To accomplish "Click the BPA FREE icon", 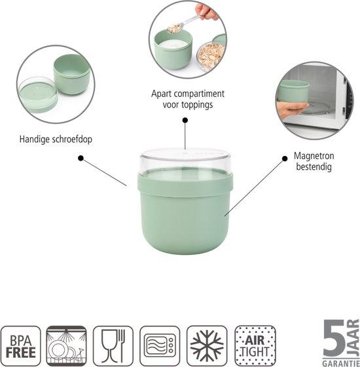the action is [20, 346].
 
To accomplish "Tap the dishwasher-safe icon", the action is [66, 346].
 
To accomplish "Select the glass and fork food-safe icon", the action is [113, 346].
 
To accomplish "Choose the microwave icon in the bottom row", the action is [160, 346].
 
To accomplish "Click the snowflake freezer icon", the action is [207, 346].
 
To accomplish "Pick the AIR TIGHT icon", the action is [255, 346].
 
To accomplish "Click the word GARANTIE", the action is [340, 364].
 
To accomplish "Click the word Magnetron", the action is [314, 156].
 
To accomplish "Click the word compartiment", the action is [199, 94].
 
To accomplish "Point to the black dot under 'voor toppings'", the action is [185, 121].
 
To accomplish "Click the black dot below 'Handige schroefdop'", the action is [81, 159].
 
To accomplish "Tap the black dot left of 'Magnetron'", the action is [285, 159].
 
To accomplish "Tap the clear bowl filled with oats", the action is [211, 54].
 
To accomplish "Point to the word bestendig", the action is [314, 167].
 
